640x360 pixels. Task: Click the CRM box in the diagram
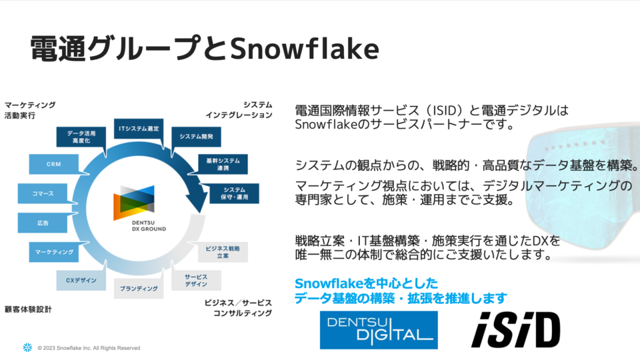[54, 164]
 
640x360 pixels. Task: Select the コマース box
[43, 193]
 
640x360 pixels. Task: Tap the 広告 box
[43, 223]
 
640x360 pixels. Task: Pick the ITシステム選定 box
[139, 129]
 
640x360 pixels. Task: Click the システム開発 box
[196, 137]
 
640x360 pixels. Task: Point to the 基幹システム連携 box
[223, 165]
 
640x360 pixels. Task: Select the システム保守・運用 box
[234, 193]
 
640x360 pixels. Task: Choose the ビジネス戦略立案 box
[223, 252]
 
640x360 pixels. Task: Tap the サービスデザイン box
[196, 281]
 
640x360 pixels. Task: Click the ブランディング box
[139, 289]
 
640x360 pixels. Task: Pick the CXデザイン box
[81, 281]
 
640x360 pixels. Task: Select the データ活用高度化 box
[81, 137]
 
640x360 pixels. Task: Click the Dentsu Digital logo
[379, 330]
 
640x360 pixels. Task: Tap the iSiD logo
[516, 330]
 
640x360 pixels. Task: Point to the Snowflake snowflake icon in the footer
[27, 347]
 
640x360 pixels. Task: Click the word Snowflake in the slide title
[305, 49]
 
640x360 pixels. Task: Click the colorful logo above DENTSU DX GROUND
[134, 203]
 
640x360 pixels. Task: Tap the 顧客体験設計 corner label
[28, 309]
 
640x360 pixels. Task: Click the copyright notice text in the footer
[89, 348]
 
